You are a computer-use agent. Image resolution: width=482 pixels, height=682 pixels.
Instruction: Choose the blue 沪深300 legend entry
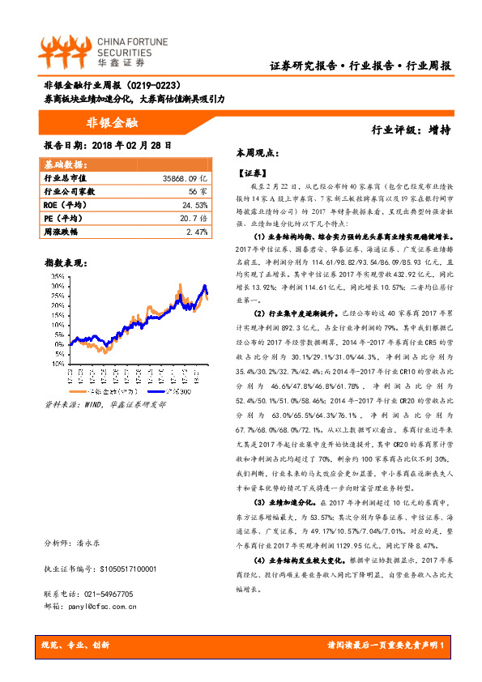[x=175, y=391]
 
